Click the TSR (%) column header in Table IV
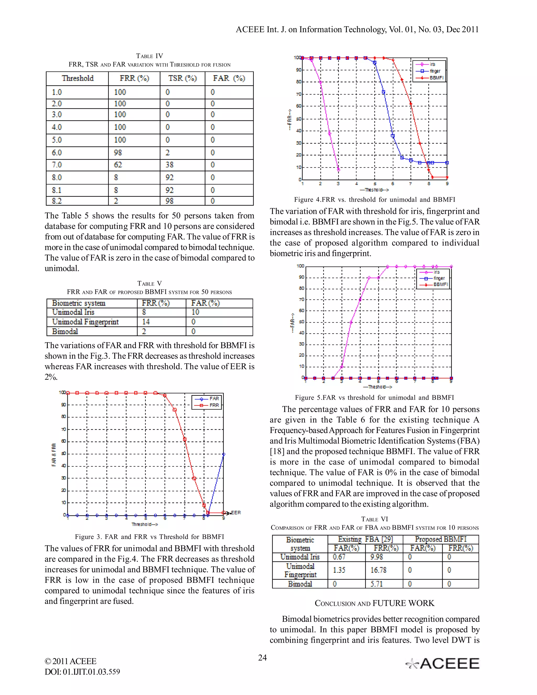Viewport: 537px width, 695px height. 182,78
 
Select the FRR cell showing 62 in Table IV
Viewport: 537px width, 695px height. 118,165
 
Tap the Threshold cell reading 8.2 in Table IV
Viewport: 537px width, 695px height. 57,201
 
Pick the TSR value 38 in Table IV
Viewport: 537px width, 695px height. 169,165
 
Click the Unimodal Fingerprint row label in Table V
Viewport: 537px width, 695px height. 85,322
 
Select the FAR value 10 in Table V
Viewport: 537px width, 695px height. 195,312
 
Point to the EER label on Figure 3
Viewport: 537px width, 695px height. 235,513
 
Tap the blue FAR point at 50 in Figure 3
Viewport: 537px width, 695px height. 224,455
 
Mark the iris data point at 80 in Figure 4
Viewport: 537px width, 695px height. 320,82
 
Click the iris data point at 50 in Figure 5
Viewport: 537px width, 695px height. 351,322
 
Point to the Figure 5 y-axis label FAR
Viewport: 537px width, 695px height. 292,323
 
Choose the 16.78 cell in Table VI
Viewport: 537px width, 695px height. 378,570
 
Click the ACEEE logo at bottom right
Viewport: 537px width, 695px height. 443,664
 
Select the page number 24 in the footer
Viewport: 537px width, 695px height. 262,658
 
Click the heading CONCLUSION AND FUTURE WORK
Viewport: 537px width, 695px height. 374,603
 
